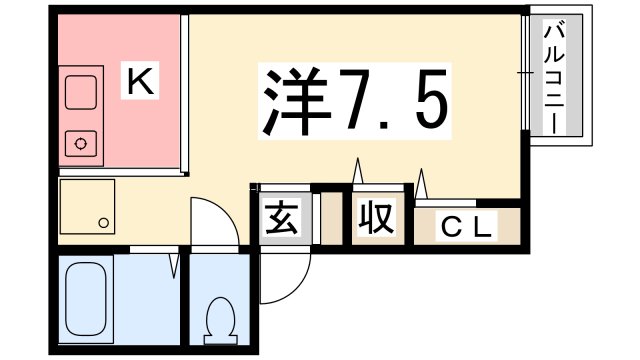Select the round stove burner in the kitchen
(x=79, y=144)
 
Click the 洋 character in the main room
(x=296, y=99)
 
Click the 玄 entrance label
(x=277, y=217)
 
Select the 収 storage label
(x=375, y=217)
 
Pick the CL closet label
(x=466, y=228)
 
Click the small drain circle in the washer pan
(x=102, y=221)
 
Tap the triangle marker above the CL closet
(x=423, y=184)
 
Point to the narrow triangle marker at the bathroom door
(x=175, y=264)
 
